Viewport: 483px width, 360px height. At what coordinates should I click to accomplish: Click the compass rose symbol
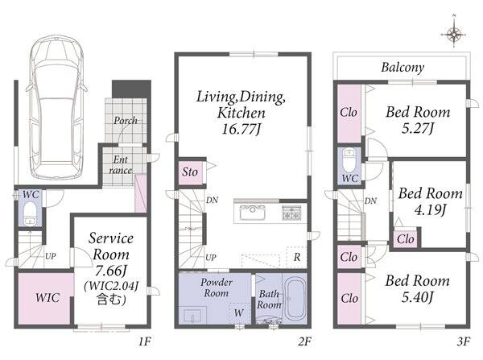tap(454, 35)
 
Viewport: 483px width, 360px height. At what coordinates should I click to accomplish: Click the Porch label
tap(126, 121)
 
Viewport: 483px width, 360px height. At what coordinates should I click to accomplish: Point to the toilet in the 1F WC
tap(31, 213)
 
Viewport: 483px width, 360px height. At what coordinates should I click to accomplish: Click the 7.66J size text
tap(111, 271)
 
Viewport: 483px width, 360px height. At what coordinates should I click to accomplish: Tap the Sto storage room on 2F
tap(190, 172)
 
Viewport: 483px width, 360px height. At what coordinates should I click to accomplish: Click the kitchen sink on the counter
tap(252, 213)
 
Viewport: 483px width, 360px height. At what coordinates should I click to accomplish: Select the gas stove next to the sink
tap(291, 213)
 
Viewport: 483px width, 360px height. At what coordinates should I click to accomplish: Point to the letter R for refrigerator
tap(297, 257)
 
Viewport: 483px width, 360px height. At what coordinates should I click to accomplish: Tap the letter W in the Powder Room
tap(239, 312)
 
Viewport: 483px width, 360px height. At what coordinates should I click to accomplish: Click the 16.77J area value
tap(242, 129)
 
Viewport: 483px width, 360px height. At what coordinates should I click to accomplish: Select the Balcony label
tap(402, 68)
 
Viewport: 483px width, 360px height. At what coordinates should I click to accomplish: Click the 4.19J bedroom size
tap(430, 210)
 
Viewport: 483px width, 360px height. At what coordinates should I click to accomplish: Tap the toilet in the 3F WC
tap(349, 160)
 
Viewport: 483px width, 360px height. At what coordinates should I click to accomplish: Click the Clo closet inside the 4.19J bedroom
tap(406, 239)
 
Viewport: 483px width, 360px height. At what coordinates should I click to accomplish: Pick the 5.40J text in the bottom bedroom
tap(418, 297)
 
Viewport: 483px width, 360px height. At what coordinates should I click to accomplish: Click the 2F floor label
tap(304, 341)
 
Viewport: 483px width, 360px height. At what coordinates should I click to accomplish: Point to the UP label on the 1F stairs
tap(51, 256)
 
